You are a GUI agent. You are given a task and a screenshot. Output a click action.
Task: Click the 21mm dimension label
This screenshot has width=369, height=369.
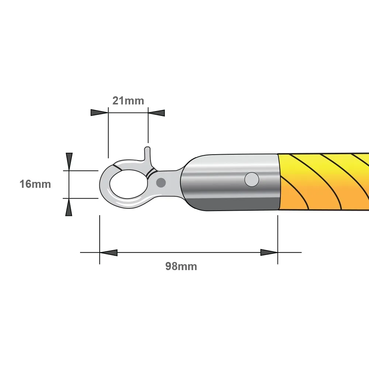point(128,101)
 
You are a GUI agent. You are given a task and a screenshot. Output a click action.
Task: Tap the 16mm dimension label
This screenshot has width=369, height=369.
point(35,184)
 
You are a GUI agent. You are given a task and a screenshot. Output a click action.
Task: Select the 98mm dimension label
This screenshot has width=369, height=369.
point(181,266)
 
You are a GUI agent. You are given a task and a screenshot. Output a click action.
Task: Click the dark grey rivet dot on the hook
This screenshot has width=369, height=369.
point(161,183)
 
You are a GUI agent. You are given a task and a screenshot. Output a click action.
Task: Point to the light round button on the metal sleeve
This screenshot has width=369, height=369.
point(252,179)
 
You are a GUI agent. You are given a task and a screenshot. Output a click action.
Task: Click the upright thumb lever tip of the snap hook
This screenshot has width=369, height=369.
point(147,149)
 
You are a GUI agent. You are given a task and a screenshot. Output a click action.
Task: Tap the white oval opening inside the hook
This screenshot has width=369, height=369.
point(128,184)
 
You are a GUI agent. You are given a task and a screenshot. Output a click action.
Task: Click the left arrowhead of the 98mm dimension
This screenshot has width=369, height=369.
point(108,252)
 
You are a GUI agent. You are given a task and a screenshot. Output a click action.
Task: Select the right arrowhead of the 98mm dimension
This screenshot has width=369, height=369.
point(269,252)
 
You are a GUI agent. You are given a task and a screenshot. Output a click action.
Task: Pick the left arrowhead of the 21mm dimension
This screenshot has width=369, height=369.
point(99,113)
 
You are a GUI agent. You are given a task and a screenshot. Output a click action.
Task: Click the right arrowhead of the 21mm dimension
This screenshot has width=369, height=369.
point(156,113)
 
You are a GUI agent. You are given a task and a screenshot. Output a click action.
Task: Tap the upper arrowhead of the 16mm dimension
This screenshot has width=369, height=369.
point(69,162)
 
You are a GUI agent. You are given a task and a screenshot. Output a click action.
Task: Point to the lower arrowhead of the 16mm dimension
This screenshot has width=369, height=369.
point(69,207)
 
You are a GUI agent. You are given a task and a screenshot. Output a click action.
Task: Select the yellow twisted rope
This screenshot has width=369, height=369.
point(324,182)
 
